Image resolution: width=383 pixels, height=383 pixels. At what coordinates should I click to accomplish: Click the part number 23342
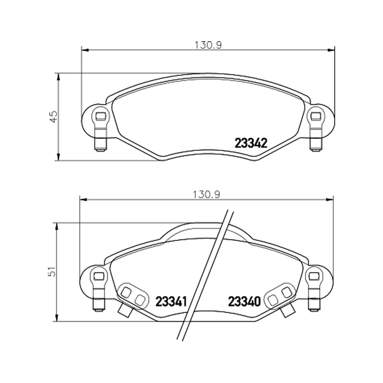[x=251, y=143]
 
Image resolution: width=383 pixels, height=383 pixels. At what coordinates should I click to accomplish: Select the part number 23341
[x=171, y=302]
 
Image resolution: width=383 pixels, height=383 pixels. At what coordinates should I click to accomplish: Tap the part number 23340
[x=244, y=302]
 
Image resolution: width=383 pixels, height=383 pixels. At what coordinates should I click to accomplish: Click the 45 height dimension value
[x=53, y=116]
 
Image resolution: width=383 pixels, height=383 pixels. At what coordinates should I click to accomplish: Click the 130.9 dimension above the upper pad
[x=208, y=45]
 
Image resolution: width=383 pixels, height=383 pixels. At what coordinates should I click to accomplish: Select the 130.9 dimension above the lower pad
[x=207, y=194]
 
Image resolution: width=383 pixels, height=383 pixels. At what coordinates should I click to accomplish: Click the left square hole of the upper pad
[x=100, y=116]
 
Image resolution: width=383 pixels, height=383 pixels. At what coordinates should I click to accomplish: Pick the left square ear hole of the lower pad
[x=99, y=276]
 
